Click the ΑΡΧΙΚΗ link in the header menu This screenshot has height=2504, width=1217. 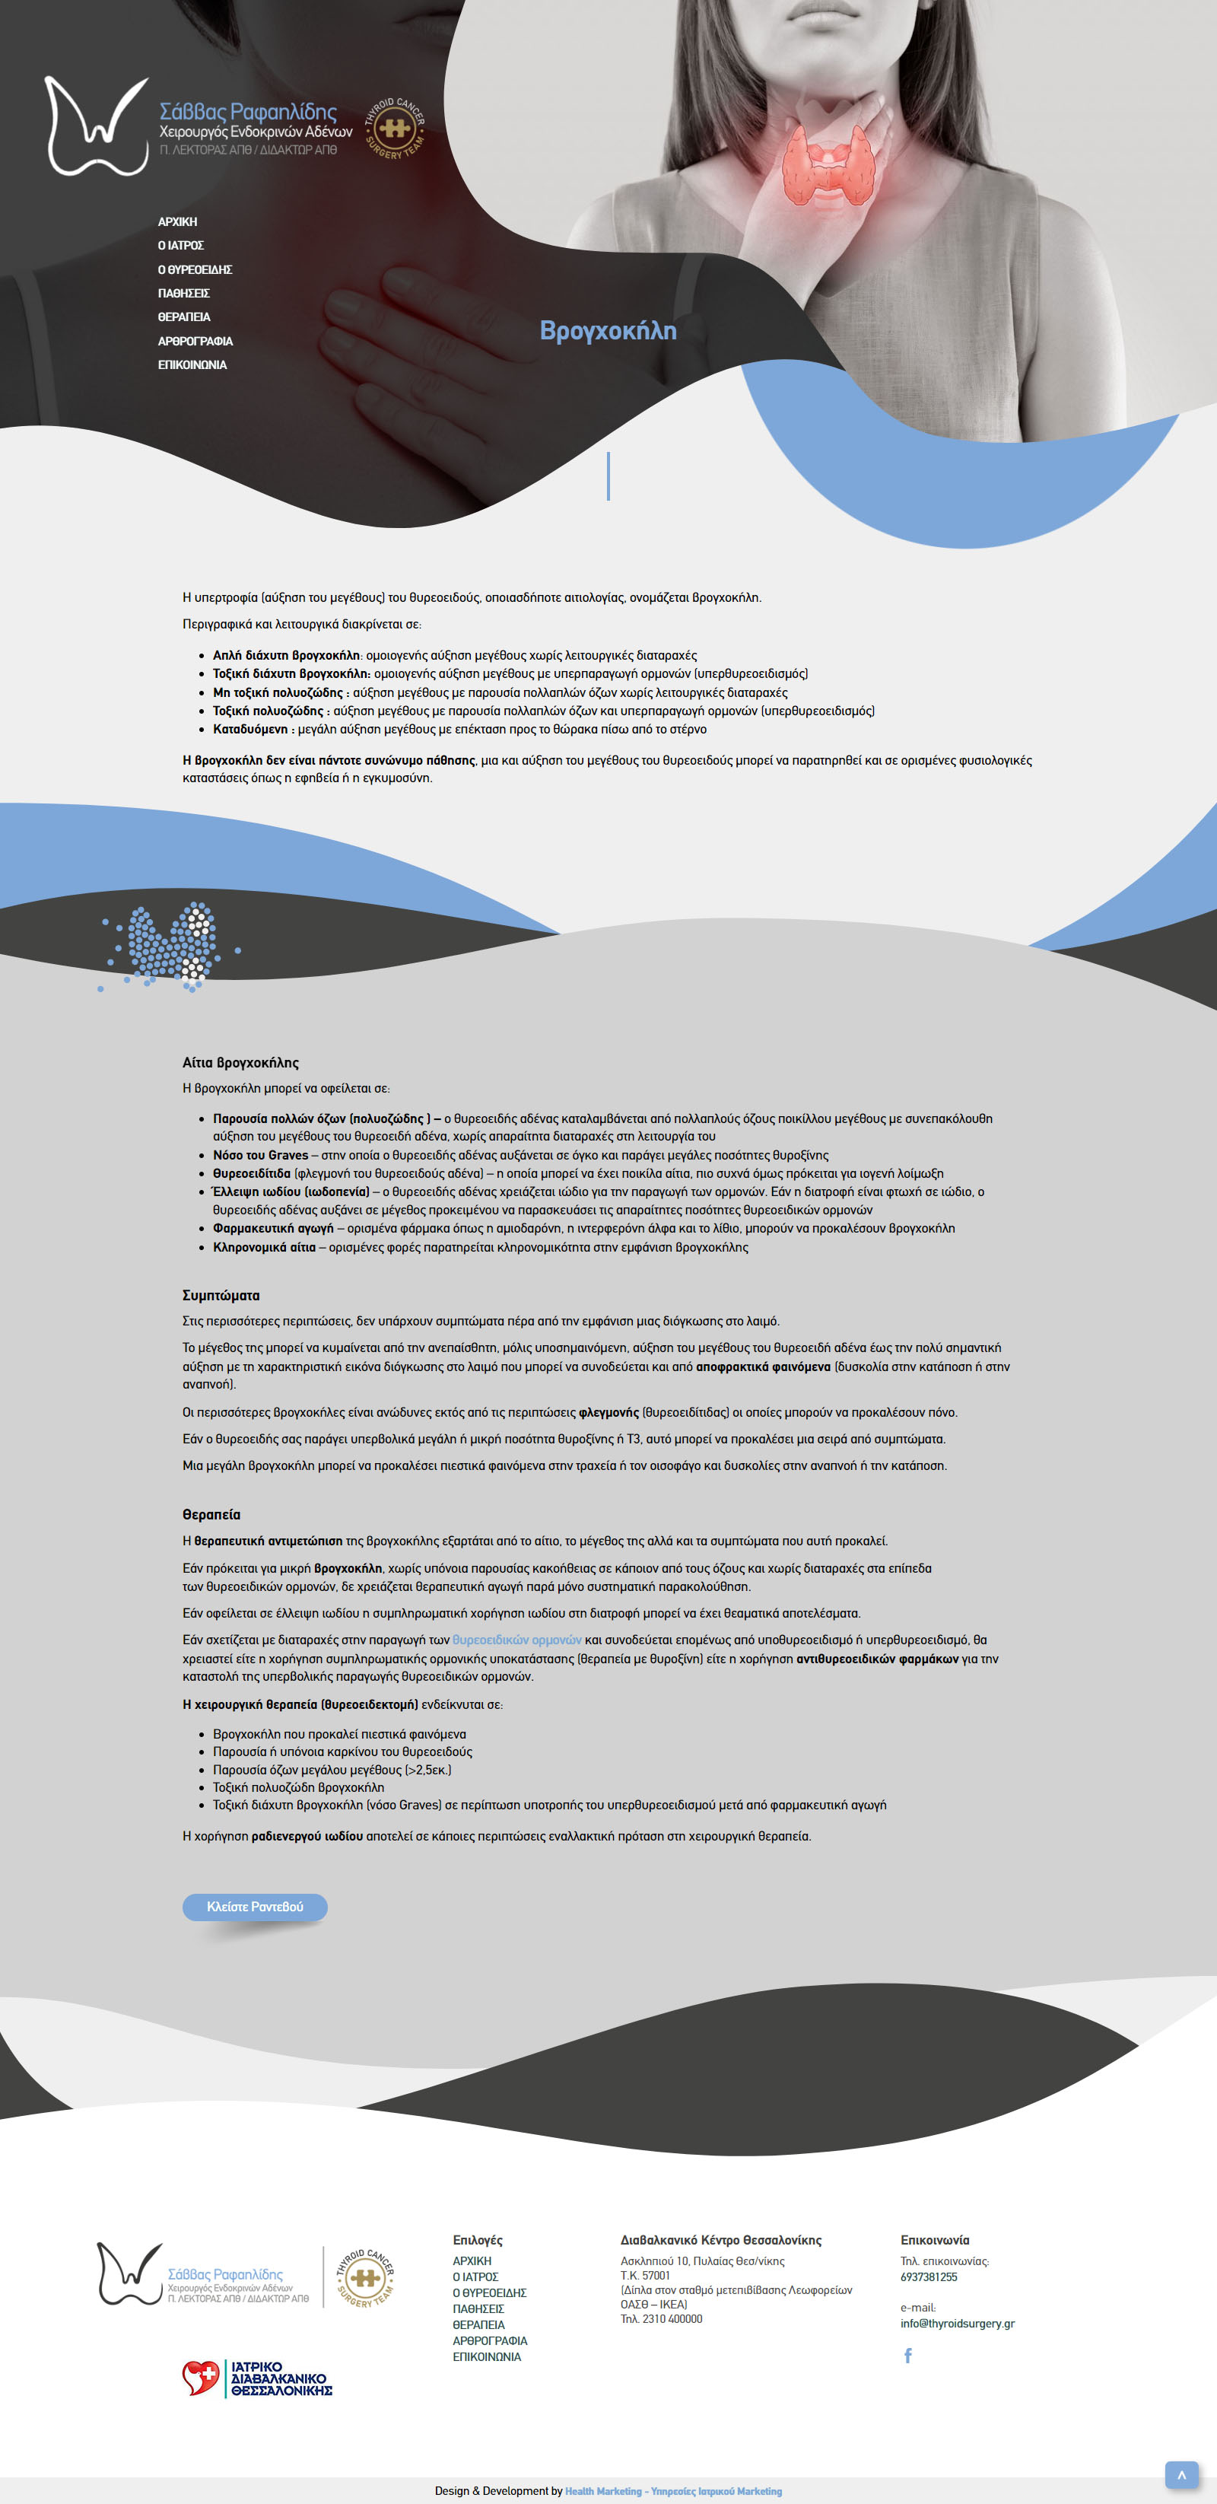tap(177, 221)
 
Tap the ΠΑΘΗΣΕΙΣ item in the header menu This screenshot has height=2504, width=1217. tap(184, 294)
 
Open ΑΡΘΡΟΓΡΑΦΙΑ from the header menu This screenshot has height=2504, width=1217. tap(195, 341)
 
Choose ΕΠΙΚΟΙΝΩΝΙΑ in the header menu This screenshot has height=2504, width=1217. tap(192, 365)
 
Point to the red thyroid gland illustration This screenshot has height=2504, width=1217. tap(829, 165)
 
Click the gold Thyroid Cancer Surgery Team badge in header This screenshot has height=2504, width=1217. tap(394, 129)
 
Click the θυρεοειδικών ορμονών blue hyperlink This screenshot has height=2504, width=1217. tap(516, 1640)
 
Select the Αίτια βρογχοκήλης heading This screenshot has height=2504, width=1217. tap(240, 1062)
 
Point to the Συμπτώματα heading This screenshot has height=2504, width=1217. tap(221, 1296)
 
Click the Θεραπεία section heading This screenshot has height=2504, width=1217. tap(211, 1514)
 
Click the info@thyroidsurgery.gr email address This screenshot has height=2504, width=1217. tap(957, 2323)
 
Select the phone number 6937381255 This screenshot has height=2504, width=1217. tap(928, 2277)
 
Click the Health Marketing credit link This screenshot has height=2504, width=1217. tap(672, 2490)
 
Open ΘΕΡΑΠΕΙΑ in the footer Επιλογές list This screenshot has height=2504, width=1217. tap(478, 2324)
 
